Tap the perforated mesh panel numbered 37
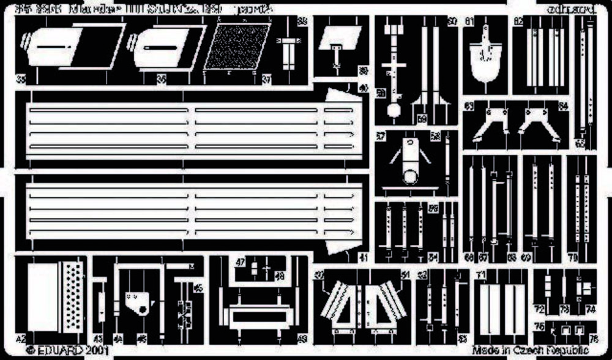237,47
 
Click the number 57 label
380,136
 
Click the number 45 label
197,288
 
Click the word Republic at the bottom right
572,350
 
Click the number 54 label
433,257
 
